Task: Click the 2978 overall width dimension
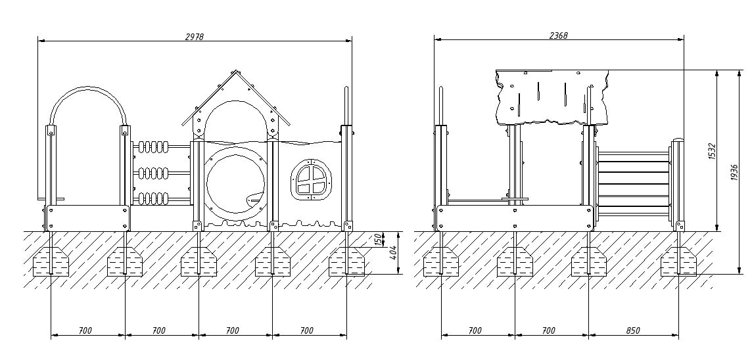195,36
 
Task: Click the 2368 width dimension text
559,35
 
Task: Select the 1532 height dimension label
712,152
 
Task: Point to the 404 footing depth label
393,253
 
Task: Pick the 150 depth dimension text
379,239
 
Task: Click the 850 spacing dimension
632,330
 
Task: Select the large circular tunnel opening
235,180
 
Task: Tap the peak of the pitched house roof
235,70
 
